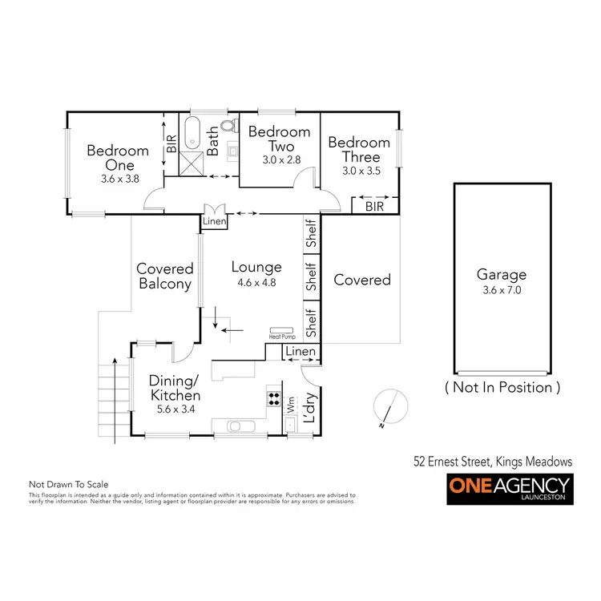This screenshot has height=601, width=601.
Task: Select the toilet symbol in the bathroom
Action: [x=230, y=126]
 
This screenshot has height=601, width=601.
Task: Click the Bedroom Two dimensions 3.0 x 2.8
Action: [x=280, y=160]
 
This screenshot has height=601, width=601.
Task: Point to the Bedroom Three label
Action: [x=359, y=150]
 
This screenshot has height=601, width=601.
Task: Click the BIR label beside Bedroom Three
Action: [x=373, y=206]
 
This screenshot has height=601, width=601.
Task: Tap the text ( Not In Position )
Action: [x=502, y=387]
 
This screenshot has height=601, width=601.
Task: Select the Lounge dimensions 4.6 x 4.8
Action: [x=256, y=283]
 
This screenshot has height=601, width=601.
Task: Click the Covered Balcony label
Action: [x=165, y=276]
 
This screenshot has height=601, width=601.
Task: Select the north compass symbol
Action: [x=387, y=406]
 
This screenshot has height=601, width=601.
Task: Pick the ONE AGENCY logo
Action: [x=508, y=488]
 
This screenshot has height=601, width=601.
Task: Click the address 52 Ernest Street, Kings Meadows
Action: [x=493, y=461]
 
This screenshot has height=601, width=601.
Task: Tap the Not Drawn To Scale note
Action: [x=68, y=485]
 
